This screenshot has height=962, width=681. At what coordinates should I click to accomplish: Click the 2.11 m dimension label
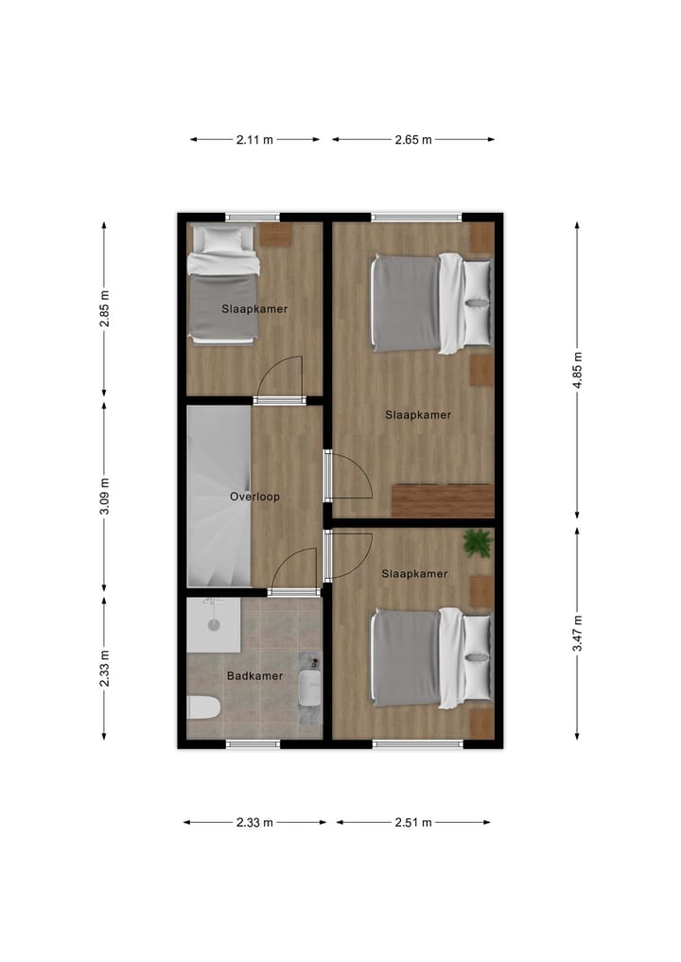254,139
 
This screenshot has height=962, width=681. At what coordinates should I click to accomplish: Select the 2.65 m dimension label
413,139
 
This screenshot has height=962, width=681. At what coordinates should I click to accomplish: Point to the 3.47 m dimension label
577,632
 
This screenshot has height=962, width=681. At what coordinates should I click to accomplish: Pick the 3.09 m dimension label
104,498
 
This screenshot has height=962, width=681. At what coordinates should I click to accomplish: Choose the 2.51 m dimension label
413,822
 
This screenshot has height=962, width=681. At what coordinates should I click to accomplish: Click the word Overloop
254,496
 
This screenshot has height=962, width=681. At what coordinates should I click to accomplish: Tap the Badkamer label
254,675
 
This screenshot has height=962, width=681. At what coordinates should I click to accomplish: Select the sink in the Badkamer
310,686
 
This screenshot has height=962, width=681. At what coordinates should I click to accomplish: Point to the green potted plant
478,543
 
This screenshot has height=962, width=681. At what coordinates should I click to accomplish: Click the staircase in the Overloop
218,497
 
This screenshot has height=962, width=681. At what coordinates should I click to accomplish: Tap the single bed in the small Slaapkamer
222,284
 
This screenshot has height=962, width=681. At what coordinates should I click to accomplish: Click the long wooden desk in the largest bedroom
443,500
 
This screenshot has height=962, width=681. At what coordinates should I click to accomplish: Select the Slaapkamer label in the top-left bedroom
254,308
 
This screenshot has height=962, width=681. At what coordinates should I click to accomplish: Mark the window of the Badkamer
253,743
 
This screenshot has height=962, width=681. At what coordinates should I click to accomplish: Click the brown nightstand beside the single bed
276,235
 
